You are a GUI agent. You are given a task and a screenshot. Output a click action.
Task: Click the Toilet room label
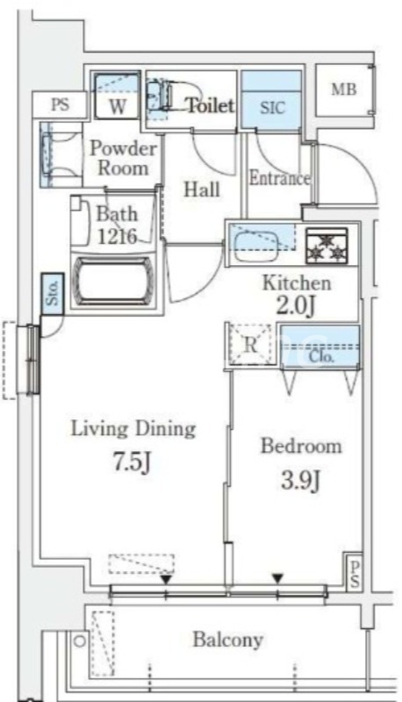(210, 106)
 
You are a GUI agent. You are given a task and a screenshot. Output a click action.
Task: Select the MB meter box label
(343, 90)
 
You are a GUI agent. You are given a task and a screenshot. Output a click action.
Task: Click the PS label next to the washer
(60, 104)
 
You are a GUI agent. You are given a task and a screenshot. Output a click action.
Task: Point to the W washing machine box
(117, 106)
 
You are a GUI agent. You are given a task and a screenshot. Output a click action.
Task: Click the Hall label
(202, 190)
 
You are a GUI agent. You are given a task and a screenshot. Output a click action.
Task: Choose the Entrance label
(279, 179)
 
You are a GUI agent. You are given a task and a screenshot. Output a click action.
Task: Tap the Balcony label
(228, 640)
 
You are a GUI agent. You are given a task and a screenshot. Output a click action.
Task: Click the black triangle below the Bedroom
(277, 577)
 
